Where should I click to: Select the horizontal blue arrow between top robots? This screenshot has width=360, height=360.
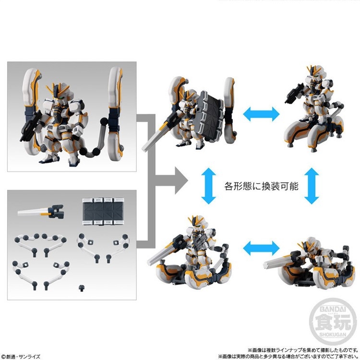tap(261, 113)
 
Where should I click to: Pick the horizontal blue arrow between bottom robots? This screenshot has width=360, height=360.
tap(261, 248)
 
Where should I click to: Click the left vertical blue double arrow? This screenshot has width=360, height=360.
tap(205, 184)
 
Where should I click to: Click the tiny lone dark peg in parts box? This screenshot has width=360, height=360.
tap(80, 288)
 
